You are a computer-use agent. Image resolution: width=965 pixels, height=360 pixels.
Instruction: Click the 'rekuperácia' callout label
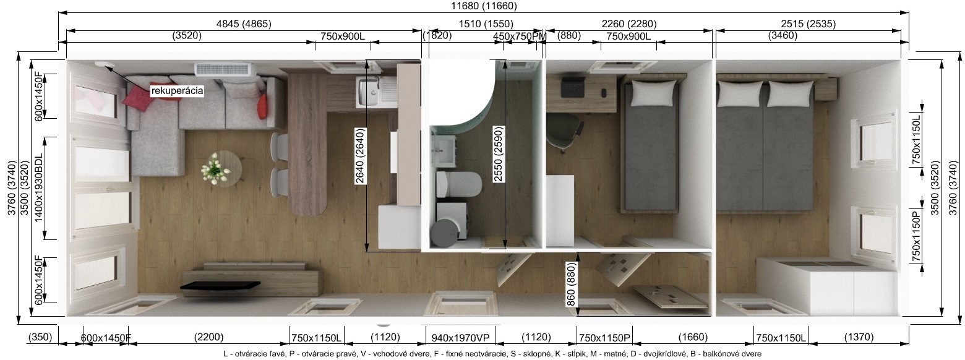pyautogui.click(x=177, y=91)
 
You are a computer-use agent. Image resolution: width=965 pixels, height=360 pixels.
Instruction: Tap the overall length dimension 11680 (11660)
pyautogui.click(x=484, y=6)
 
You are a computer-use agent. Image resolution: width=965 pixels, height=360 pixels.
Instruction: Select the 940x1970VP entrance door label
pyautogui.click(x=460, y=337)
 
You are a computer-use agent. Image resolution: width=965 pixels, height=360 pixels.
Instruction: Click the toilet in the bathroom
pyautogui.click(x=458, y=185)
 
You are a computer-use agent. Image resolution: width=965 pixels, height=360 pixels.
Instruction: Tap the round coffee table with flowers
pyautogui.click(x=221, y=168)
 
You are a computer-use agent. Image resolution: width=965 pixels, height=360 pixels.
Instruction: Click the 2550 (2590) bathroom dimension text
pyautogui.click(x=498, y=154)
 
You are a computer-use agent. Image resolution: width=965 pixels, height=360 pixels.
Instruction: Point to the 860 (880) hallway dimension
pyautogui.click(x=571, y=284)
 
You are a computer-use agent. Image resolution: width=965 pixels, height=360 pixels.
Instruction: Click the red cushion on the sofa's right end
pyautogui.click(x=262, y=107)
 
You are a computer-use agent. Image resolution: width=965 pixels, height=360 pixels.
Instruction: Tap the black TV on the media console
pyautogui.click(x=220, y=285)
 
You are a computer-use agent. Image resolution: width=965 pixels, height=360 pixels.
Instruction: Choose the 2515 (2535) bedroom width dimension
pyautogui.click(x=808, y=24)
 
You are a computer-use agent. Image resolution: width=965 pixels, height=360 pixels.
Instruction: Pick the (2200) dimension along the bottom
pyautogui.click(x=209, y=337)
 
